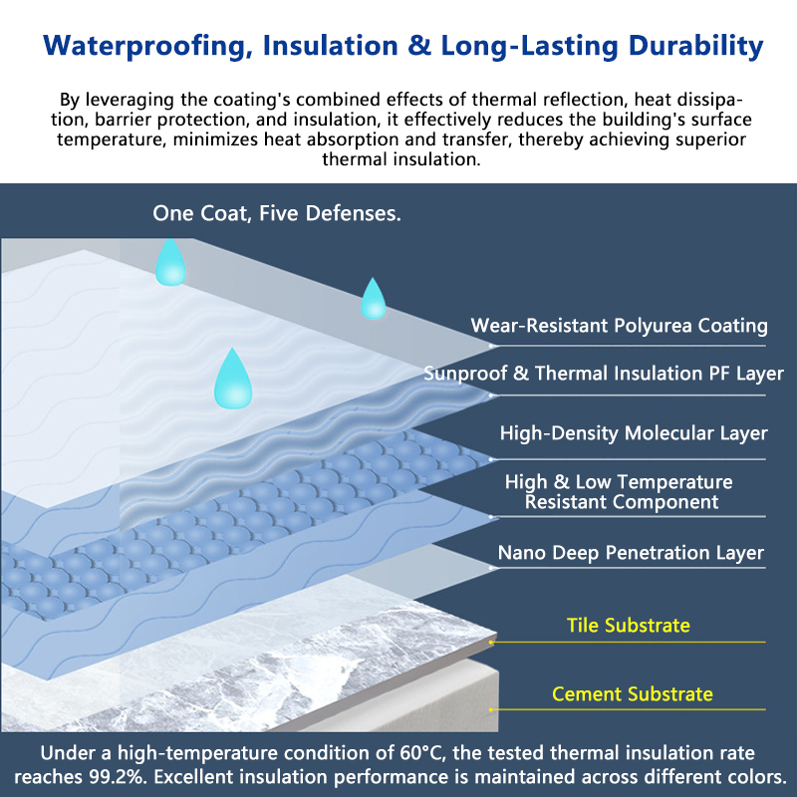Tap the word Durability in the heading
point(695,46)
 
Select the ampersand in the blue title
point(419,45)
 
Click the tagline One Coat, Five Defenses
point(277,213)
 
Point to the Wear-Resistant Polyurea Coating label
point(619,326)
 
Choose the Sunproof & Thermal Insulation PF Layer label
point(604,374)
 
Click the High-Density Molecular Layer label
point(634,433)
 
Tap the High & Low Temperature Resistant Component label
point(619,491)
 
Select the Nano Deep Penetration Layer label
point(631,553)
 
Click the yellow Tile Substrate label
point(629,626)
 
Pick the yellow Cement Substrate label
point(633,693)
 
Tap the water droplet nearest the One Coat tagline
point(170,264)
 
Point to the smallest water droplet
point(373,301)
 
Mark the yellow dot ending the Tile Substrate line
point(491,643)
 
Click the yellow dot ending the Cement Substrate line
point(491,709)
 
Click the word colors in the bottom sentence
point(752,777)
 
